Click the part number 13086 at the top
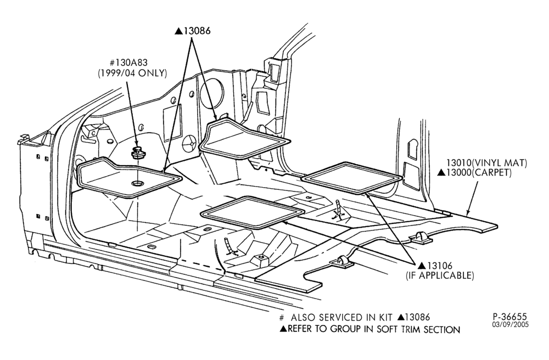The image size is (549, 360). click(x=197, y=31)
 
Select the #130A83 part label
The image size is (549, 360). click(x=128, y=63)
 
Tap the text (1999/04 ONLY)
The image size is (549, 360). click(x=132, y=74)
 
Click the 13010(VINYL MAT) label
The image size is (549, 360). click(x=486, y=163)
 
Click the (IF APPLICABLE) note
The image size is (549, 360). click(x=440, y=275)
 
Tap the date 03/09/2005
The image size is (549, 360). click(x=511, y=325)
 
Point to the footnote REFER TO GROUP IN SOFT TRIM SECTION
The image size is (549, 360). click(x=374, y=329)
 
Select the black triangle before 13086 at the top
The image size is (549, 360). click(x=179, y=31)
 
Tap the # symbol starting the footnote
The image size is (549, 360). click(x=282, y=318)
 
